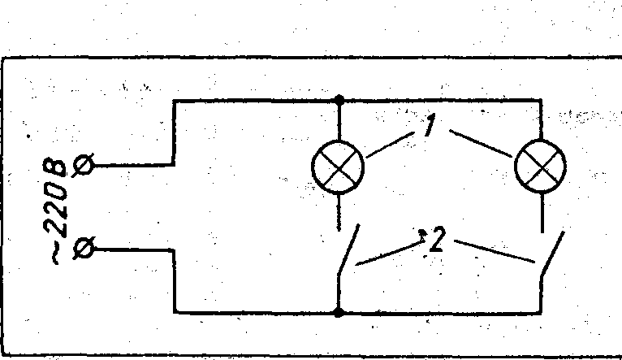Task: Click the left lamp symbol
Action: (x=338, y=168)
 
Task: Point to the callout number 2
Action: (x=437, y=241)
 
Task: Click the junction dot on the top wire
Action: (x=339, y=100)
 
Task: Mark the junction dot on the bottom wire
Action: (x=339, y=312)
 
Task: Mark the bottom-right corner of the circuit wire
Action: (x=541, y=312)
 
